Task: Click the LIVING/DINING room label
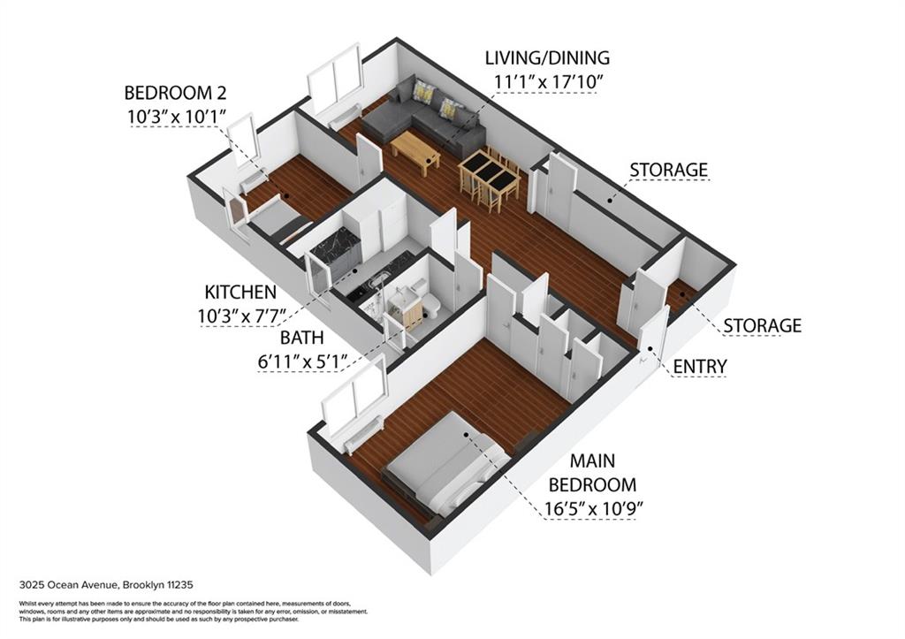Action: (546, 57)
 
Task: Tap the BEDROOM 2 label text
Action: (176, 92)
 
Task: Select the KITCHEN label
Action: (240, 292)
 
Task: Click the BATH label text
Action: (302, 338)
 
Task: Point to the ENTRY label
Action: (700, 367)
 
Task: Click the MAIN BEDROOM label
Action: (593, 472)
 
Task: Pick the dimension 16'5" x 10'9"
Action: (594, 508)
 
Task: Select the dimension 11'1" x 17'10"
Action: (548, 81)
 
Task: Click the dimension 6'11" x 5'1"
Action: (302, 362)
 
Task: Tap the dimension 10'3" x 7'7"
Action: (242, 316)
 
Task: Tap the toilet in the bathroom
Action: (431, 304)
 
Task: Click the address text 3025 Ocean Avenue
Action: (70, 585)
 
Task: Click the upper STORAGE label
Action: (668, 170)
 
